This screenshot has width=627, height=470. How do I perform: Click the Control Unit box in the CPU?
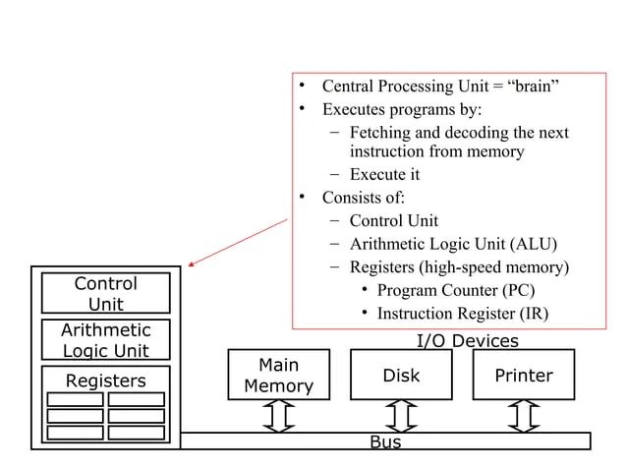[x=106, y=293]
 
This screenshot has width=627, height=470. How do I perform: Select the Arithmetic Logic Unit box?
[x=106, y=340]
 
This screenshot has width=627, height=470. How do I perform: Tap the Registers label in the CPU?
[x=105, y=381]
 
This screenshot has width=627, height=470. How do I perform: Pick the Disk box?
[x=401, y=376]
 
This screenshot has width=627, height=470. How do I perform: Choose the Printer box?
[x=524, y=376]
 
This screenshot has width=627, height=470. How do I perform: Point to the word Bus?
[x=384, y=442]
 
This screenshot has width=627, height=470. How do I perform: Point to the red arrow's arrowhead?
[x=193, y=264]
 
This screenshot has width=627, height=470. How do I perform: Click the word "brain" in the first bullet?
[x=534, y=86]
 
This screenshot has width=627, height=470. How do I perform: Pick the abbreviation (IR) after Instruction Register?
[x=530, y=314]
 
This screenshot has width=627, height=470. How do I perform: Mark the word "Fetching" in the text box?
[x=381, y=132]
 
